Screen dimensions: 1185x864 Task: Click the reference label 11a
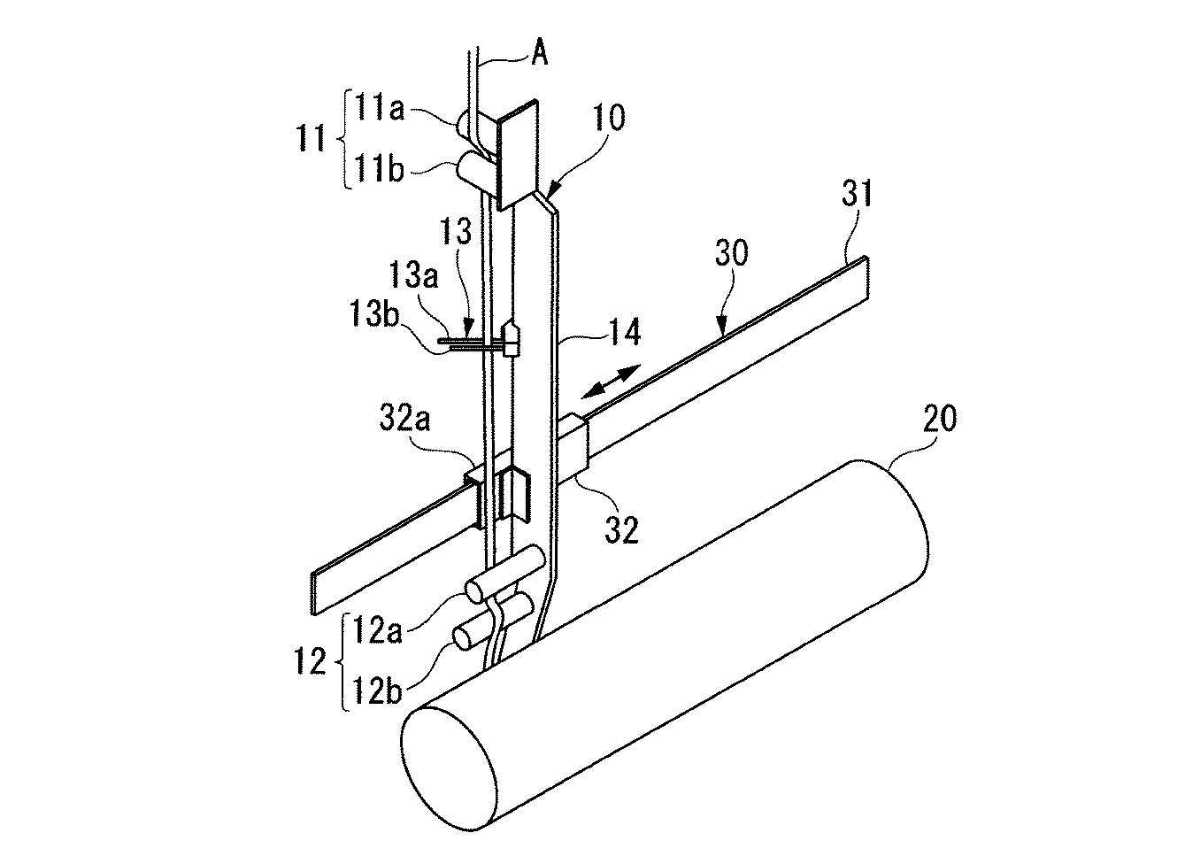coord(379,109)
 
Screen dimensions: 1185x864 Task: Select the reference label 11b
coord(379,169)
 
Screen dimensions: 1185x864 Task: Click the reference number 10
coord(608,118)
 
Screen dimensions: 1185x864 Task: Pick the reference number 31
coord(857,194)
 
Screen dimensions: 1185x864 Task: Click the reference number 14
coord(625,332)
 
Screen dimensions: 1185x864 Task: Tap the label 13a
coord(413,275)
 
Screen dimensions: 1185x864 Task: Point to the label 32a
coord(404,419)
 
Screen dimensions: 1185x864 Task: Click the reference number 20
coord(940,419)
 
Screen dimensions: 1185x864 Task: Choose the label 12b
coord(378,692)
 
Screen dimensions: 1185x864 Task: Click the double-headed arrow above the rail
coord(611,381)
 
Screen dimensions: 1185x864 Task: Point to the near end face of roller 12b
coord(463,638)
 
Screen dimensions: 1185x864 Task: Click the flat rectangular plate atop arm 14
coord(518,155)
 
